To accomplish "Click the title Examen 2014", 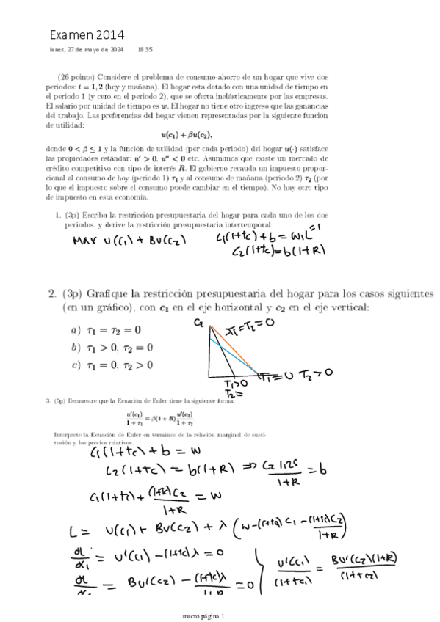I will coord(87,34).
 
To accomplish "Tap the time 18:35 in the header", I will coord(145,50).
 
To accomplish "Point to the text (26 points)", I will coord(75,76).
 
